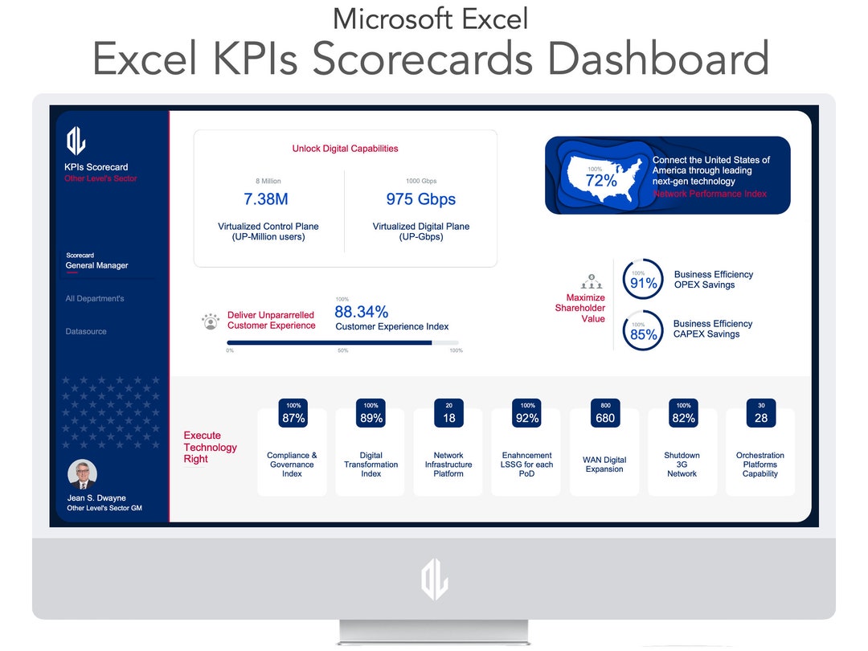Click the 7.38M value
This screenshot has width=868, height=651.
(x=265, y=199)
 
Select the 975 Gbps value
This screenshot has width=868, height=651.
(x=420, y=199)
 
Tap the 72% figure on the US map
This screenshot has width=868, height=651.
(x=600, y=181)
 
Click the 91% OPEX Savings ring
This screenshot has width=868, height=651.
(x=643, y=280)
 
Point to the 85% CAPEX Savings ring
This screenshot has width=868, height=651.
(x=643, y=330)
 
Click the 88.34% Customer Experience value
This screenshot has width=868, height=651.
(x=362, y=312)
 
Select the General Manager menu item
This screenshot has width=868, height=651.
(x=96, y=265)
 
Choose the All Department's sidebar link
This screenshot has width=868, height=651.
(x=95, y=299)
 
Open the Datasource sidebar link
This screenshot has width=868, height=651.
(x=86, y=331)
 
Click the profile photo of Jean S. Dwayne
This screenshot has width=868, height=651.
(x=83, y=474)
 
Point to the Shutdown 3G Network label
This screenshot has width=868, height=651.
(x=682, y=465)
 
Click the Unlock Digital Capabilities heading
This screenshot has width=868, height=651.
(x=345, y=149)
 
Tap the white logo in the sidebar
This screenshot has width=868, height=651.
(x=76, y=141)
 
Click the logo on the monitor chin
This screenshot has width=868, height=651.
(x=434, y=579)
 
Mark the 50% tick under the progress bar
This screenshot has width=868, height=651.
(x=342, y=350)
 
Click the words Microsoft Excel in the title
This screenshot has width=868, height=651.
(x=431, y=18)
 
